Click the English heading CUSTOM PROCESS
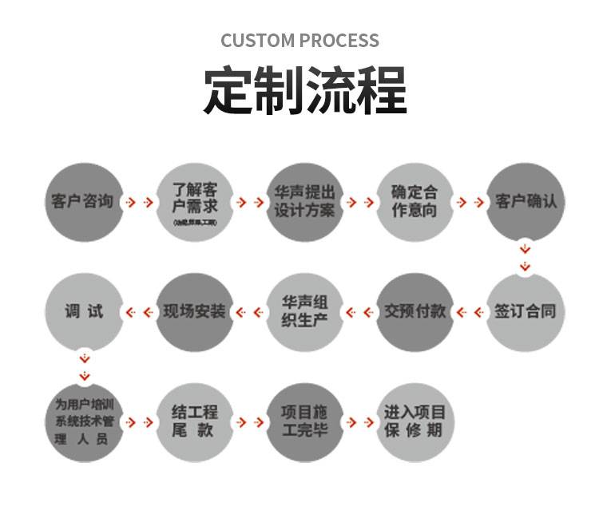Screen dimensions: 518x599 [x=299, y=40]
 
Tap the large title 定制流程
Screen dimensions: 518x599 [x=304, y=90]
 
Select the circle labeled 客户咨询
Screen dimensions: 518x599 [x=84, y=201]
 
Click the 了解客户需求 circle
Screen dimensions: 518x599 [x=194, y=201]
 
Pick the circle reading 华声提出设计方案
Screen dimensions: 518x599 [x=304, y=201]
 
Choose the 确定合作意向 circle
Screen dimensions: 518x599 [x=415, y=201]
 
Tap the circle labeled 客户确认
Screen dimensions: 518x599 [x=525, y=201]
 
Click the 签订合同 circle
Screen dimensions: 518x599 [x=525, y=311]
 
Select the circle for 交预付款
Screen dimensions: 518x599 [x=415, y=311]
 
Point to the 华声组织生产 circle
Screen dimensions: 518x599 [x=304, y=311]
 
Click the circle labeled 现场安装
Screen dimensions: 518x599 [x=194, y=311]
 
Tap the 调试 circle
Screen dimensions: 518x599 [x=84, y=311]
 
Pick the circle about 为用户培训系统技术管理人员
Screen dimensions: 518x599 [x=84, y=421]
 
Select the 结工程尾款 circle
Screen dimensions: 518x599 [x=194, y=421]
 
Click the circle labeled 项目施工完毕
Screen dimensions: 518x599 [x=304, y=421]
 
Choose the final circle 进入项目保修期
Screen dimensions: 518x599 [x=415, y=421]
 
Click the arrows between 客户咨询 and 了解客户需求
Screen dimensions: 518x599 [x=139, y=202]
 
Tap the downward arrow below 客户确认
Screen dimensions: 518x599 [x=525, y=255]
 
